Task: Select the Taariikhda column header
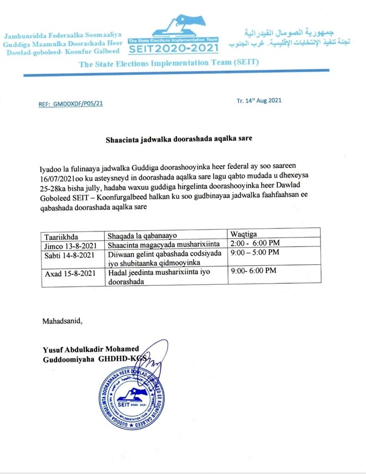63,234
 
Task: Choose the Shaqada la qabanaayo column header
141,234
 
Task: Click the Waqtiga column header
245,234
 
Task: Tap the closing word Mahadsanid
62,321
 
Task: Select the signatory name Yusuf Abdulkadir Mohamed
91,349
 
